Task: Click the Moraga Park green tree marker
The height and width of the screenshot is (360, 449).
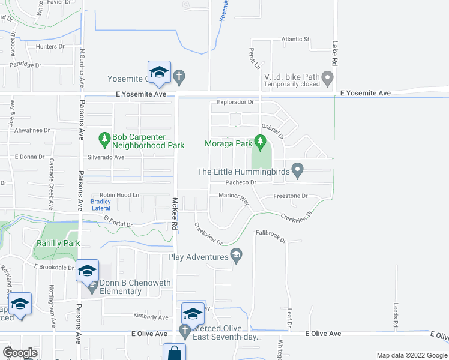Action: pyautogui.click(x=260, y=142)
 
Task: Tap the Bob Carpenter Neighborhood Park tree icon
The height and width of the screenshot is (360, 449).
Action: pyautogui.click(x=105, y=139)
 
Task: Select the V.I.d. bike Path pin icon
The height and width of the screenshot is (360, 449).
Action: pyautogui.click(x=327, y=77)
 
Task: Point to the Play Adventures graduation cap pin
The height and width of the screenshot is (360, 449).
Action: pyautogui.click(x=236, y=256)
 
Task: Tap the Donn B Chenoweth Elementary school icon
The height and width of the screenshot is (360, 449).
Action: pyautogui.click(x=92, y=288)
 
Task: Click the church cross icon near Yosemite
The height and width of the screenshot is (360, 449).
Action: pyautogui.click(x=179, y=77)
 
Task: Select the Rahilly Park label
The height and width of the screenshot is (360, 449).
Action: pyautogui.click(x=57, y=244)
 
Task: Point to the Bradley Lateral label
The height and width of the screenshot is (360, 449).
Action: pyautogui.click(x=100, y=205)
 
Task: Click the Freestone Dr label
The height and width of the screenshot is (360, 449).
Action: pyautogui.click(x=291, y=196)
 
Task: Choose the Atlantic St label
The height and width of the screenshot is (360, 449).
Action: pyautogui.click(x=295, y=40)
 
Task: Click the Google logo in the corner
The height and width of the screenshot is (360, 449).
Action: pyautogui.click(x=20, y=353)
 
